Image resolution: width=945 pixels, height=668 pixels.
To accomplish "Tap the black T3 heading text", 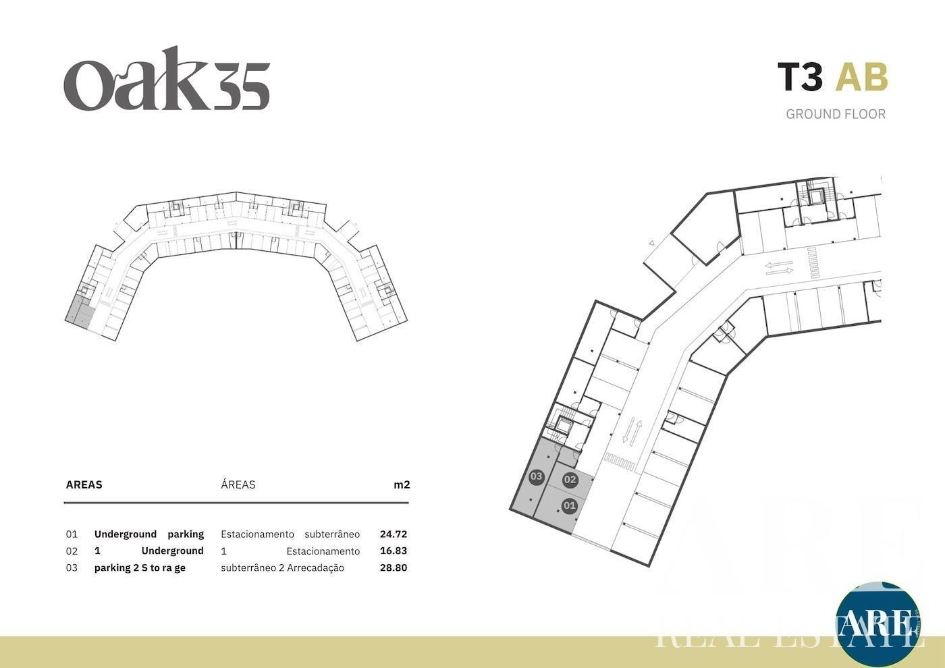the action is pyautogui.click(x=800, y=77).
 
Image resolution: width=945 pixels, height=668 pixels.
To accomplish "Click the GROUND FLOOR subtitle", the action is pyautogui.click(x=836, y=114).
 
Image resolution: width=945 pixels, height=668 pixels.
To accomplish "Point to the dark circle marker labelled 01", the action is pyautogui.click(x=570, y=505).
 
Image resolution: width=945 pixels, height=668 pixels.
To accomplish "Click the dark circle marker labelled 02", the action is pyautogui.click(x=570, y=480).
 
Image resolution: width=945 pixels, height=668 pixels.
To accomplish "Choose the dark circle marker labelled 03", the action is pyautogui.click(x=536, y=477).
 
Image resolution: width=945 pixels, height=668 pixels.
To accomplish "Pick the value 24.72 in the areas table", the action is pyautogui.click(x=393, y=534).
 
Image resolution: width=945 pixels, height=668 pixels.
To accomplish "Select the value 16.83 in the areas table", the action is pyautogui.click(x=393, y=551).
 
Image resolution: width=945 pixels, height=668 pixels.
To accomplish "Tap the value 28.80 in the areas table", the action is pyautogui.click(x=393, y=567).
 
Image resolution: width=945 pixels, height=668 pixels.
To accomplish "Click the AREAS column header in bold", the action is pyautogui.click(x=84, y=485).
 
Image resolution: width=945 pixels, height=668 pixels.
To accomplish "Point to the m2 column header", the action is pyautogui.click(x=402, y=485).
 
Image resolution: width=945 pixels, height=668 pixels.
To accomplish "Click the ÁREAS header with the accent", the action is pyautogui.click(x=238, y=484).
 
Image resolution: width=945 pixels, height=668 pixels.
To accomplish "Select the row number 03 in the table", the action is pyautogui.click(x=72, y=567).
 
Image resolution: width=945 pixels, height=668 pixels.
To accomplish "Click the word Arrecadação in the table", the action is pyautogui.click(x=316, y=568).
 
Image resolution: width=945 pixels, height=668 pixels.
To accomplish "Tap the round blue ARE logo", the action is pyautogui.click(x=878, y=624).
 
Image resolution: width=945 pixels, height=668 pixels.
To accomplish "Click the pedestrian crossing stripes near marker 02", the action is pyautogui.click(x=620, y=462).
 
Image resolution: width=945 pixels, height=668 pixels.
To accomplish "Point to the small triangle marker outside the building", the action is pyautogui.click(x=651, y=244).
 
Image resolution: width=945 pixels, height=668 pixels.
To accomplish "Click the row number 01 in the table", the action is pyautogui.click(x=72, y=534).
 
